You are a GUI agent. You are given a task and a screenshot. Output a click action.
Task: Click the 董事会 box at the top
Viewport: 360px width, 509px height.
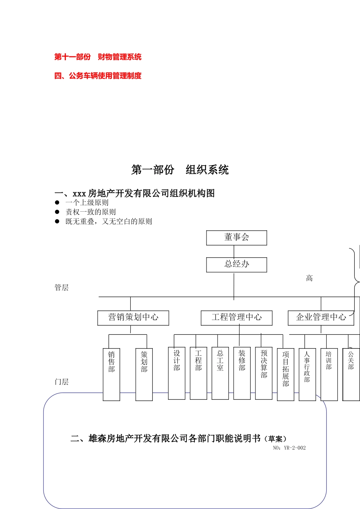[236, 238]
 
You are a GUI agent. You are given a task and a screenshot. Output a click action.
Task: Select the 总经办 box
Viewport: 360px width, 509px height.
[236, 264]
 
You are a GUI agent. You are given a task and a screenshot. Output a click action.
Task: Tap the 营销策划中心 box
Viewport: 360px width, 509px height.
[133, 318]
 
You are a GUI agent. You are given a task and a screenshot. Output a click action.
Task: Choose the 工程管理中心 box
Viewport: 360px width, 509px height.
[236, 318]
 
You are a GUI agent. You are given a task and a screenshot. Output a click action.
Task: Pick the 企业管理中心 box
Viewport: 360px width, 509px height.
[321, 318]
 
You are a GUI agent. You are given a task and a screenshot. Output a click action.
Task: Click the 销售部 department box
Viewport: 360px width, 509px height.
[111, 374]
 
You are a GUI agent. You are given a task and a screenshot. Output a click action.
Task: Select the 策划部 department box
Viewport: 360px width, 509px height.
[144, 374]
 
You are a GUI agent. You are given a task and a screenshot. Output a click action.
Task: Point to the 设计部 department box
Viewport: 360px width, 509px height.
[177, 373]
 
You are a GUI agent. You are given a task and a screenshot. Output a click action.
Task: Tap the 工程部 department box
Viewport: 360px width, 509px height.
[198, 373]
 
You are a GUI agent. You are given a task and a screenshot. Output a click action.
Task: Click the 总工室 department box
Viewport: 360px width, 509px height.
[220, 373]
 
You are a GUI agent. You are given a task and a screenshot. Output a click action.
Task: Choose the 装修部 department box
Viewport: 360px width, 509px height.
[242, 373]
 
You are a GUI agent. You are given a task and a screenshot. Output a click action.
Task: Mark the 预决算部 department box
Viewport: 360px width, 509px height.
[264, 373]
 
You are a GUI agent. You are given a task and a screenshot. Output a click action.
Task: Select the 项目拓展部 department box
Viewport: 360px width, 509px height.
[286, 374]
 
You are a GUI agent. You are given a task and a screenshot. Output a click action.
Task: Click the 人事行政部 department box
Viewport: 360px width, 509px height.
[307, 374]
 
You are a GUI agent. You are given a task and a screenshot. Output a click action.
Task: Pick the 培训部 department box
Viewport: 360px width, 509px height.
[329, 374]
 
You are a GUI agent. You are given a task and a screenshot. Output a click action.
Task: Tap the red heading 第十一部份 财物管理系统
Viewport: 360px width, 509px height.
[98, 57]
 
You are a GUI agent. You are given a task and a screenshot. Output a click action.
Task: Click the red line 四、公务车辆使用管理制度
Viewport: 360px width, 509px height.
[98, 76]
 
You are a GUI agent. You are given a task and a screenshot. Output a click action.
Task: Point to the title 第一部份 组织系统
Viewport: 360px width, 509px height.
[180, 170]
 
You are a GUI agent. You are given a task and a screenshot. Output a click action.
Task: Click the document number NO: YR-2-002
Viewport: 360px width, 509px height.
[289, 448]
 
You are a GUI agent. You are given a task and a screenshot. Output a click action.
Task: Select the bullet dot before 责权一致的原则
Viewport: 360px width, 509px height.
[57, 212]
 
